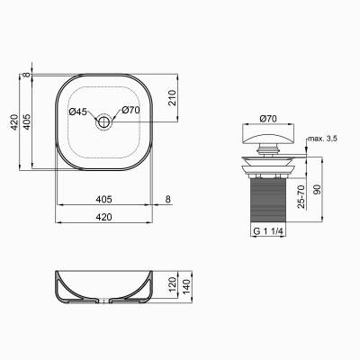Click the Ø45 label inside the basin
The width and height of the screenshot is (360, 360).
pos(78,112)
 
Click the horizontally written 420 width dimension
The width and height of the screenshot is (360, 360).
pos(103,218)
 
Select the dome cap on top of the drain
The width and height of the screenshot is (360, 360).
pos(268,139)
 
